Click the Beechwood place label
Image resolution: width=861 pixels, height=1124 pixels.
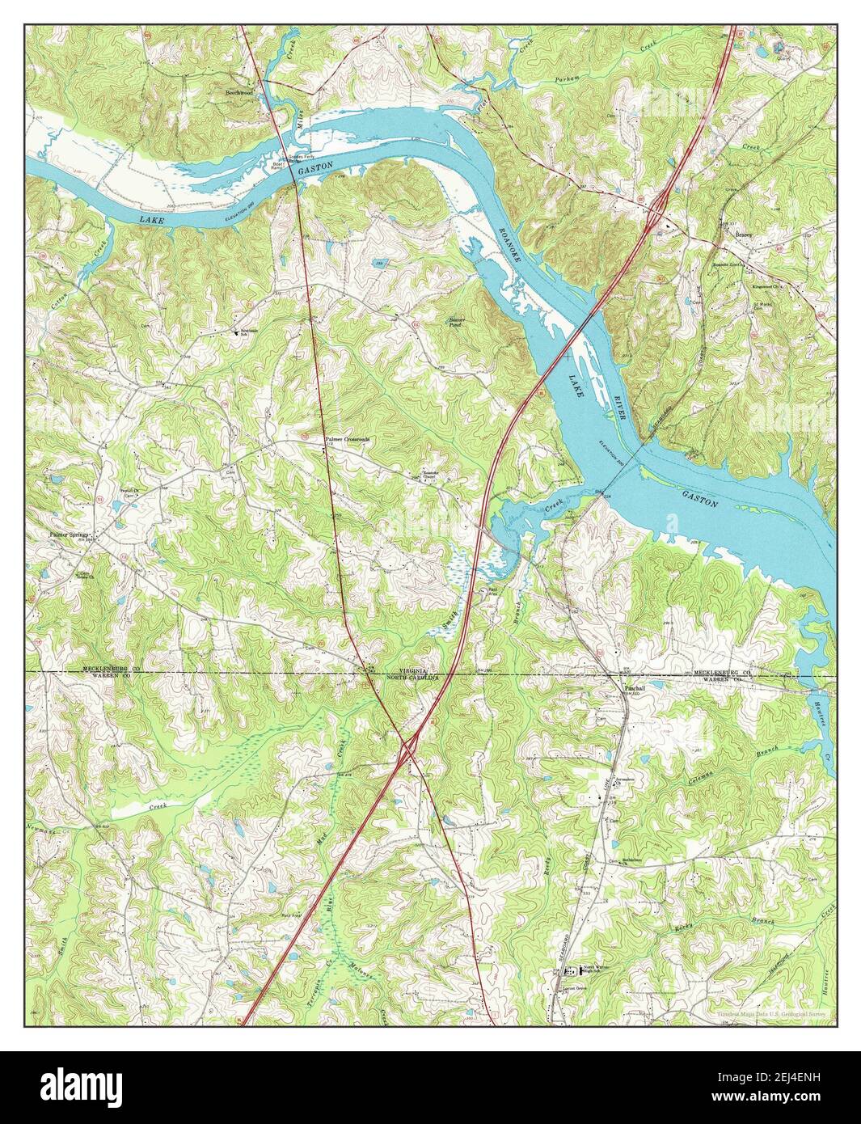coord(241,92)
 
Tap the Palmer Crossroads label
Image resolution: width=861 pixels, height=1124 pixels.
coord(348,439)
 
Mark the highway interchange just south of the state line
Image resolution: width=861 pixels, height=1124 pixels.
coord(408,753)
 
